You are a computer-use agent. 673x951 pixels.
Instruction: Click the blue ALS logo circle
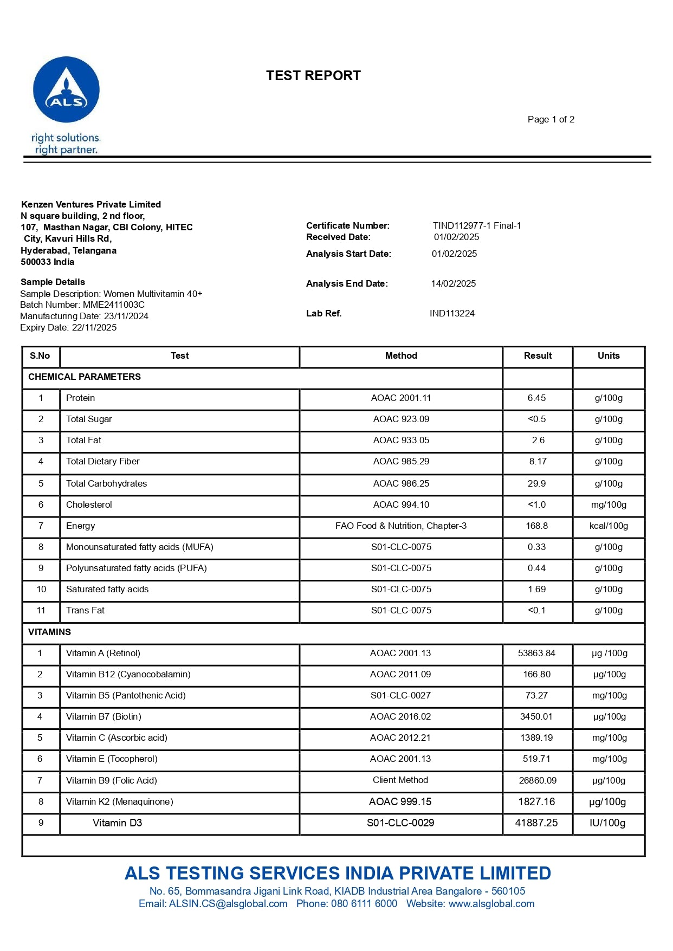[66, 90]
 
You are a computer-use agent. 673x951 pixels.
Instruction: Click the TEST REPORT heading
[313, 76]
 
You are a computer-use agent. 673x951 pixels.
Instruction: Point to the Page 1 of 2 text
[551, 119]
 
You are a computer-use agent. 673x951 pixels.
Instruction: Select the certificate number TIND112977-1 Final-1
[476, 225]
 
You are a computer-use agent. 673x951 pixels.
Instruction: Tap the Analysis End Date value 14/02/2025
[453, 283]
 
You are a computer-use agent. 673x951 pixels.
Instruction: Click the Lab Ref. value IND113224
[452, 313]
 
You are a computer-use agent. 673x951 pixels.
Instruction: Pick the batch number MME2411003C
[114, 305]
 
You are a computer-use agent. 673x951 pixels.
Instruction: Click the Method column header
[401, 356]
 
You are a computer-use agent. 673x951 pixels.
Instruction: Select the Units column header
[608, 356]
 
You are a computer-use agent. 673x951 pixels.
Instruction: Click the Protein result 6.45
[536, 398]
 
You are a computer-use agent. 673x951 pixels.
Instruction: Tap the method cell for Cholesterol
[401, 505]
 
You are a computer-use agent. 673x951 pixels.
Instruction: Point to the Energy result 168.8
[536, 526]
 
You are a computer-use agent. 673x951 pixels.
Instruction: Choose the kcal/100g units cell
[609, 526]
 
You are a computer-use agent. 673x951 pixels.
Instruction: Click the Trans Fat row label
[85, 611]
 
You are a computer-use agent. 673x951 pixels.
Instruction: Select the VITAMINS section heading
[49, 632]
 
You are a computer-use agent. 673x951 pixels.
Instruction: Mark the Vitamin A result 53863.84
[536, 654]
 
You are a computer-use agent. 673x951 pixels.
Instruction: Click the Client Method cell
[400, 780]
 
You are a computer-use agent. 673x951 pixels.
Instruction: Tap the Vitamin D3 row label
[117, 823]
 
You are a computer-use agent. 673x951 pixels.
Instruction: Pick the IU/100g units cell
[607, 823]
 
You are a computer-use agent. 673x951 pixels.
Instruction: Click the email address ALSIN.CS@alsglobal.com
[228, 904]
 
